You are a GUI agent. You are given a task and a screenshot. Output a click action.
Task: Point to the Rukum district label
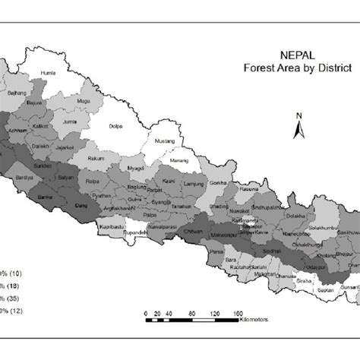pos(97,159)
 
